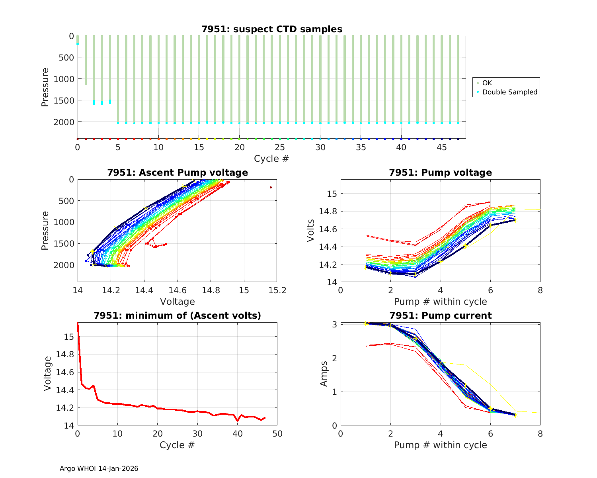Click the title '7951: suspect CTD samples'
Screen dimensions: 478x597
pos(272,29)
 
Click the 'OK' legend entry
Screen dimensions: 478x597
pos(487,83)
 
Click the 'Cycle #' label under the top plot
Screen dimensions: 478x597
pos(271,159)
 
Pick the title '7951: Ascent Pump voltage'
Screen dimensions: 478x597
pos(178,172)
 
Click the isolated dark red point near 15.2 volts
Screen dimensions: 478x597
pos(271,187)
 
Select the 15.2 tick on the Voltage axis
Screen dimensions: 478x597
pos(277,290)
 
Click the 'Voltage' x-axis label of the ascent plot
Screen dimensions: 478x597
pos(178,302)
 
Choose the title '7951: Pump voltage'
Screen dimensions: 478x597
pos(441,172)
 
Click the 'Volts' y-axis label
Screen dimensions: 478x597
pos(311,231)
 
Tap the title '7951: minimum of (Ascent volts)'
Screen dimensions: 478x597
pos(178,315)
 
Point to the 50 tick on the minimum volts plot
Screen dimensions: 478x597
pos(277,433)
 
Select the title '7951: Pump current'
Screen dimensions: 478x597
pos(441,315)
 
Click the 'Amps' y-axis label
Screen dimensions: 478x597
pos(324,374)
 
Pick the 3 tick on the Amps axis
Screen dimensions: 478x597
pos(334,324)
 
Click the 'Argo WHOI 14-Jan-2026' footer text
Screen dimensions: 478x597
pos(99,468)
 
